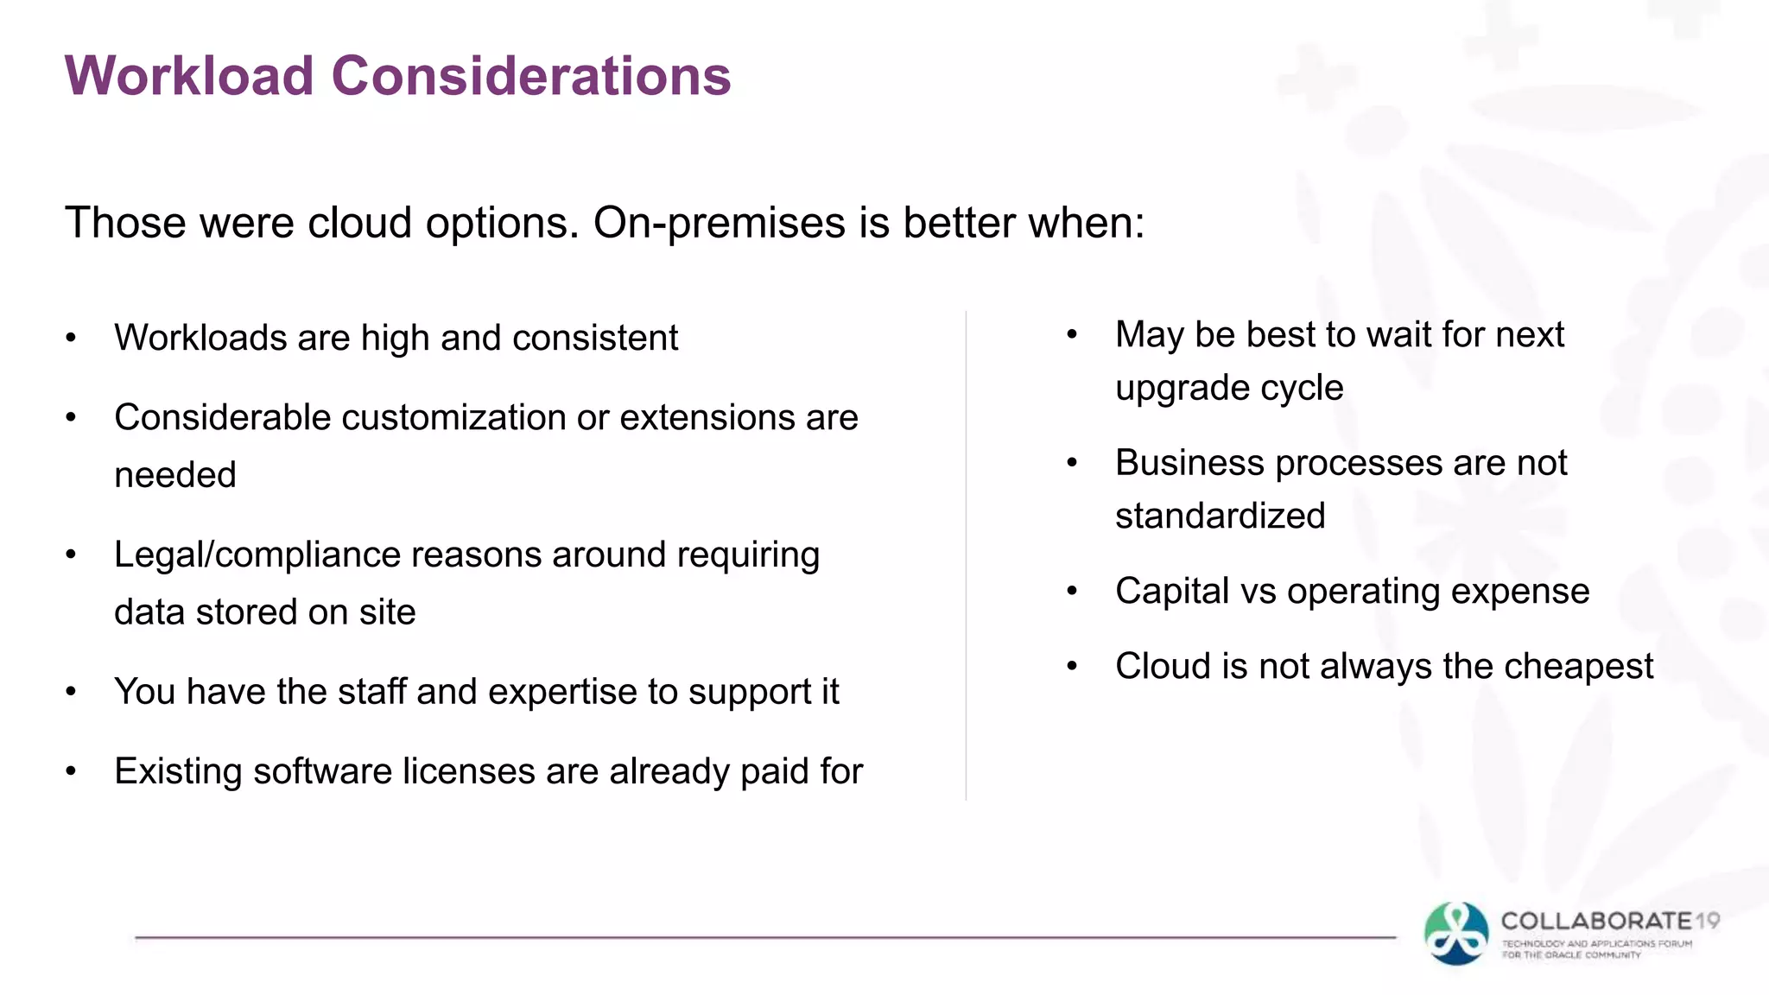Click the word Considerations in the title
(531, 76)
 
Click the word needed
(175, 475)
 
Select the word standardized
(1220, 517)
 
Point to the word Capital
(1171, 592)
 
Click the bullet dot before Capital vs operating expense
(1072, 592)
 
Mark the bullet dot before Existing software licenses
(72, 771)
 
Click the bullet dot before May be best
(1072, 335)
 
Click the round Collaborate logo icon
(1456, 934)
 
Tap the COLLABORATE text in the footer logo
(1596, 922)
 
